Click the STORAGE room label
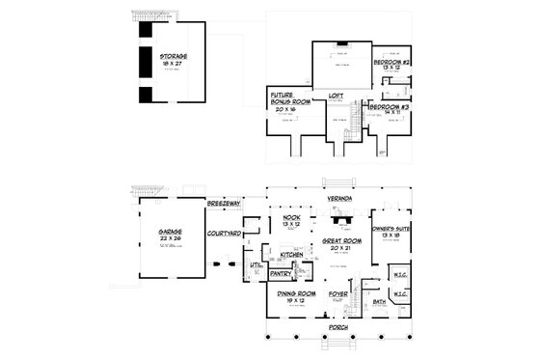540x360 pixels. click(x=174, y=57)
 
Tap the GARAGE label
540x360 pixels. click(x=171, y=233)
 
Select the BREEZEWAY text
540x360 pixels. click(x=225, y=205)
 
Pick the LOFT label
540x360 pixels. click(x=336, y=96)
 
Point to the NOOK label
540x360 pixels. click(x=289, y=218)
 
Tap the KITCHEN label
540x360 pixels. click(x=293, y=254)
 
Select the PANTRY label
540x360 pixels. click(x=281, y=273)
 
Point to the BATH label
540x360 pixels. click(x=380, y=301)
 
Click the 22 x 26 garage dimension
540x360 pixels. click(x=171, y=239)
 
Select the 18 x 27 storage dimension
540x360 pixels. click(x=174, y=64)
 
